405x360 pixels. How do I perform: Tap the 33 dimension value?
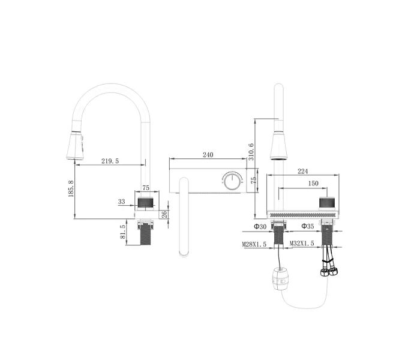pyautogui.click(x=122, y=202)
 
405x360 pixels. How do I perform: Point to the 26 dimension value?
pyautogui.click(x=164, y=214)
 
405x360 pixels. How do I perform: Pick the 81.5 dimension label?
pyautogui.click(x=124, y=232)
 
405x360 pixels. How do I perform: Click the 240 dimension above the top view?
pyautogui.click(x=208, y=155)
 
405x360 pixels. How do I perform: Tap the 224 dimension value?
pyautogui.click(x=304, y=172)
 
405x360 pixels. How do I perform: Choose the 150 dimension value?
pyautogui.click(x=313, y=184)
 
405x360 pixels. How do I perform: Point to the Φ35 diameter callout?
pyautogui.click(x=308, y=227)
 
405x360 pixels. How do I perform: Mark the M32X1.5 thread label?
pyautogui.click(x=302, y=244)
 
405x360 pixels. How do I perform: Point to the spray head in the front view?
pyautogui.click(x=278, y=146)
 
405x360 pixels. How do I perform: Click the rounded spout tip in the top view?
pyautogui.click(x=184, y=251)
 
